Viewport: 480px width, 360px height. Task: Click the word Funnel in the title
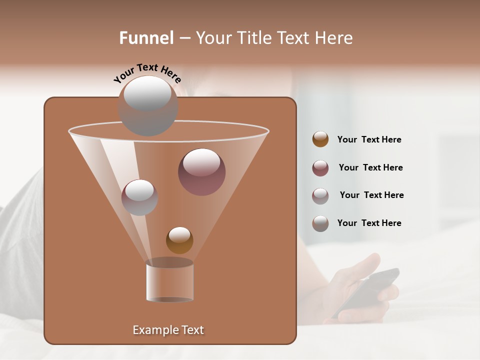tap(146, 38)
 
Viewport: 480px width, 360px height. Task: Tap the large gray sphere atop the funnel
tap(147, 105)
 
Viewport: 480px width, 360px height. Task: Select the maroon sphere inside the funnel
tap(201, 171)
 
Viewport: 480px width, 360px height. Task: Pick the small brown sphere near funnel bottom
tap(179, 240)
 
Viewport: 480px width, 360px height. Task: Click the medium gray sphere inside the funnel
tap(139, 197)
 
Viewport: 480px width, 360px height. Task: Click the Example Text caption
tap(168, 330)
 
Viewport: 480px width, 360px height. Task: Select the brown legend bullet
tap(320, 139)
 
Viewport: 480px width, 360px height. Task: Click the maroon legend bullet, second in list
tap(320, 167)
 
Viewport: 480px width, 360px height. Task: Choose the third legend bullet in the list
tap(320, 195)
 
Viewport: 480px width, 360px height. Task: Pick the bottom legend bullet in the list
tap(320, 223)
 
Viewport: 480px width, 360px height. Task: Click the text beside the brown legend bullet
tap(369, 139)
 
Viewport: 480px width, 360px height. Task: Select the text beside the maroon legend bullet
tap(370, 167)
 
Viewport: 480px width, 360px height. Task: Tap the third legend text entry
tap(371, 195)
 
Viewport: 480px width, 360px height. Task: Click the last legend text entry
tap(369, 223)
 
